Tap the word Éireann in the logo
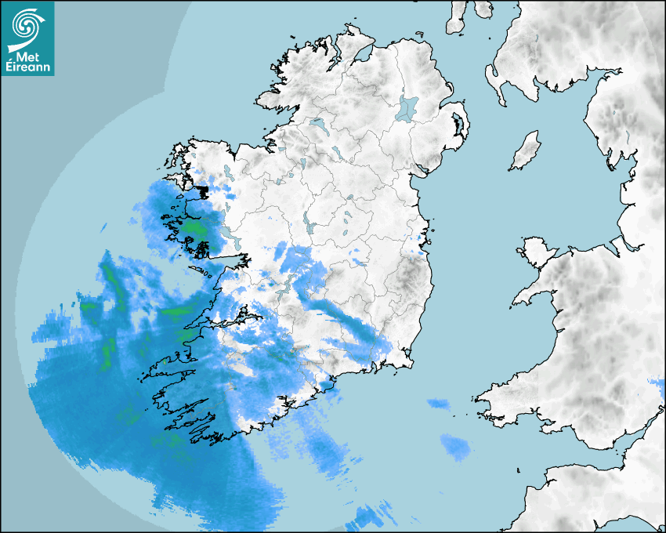pos(27,67)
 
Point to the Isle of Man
pos(526,150)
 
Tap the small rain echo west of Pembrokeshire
pos(439,404)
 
